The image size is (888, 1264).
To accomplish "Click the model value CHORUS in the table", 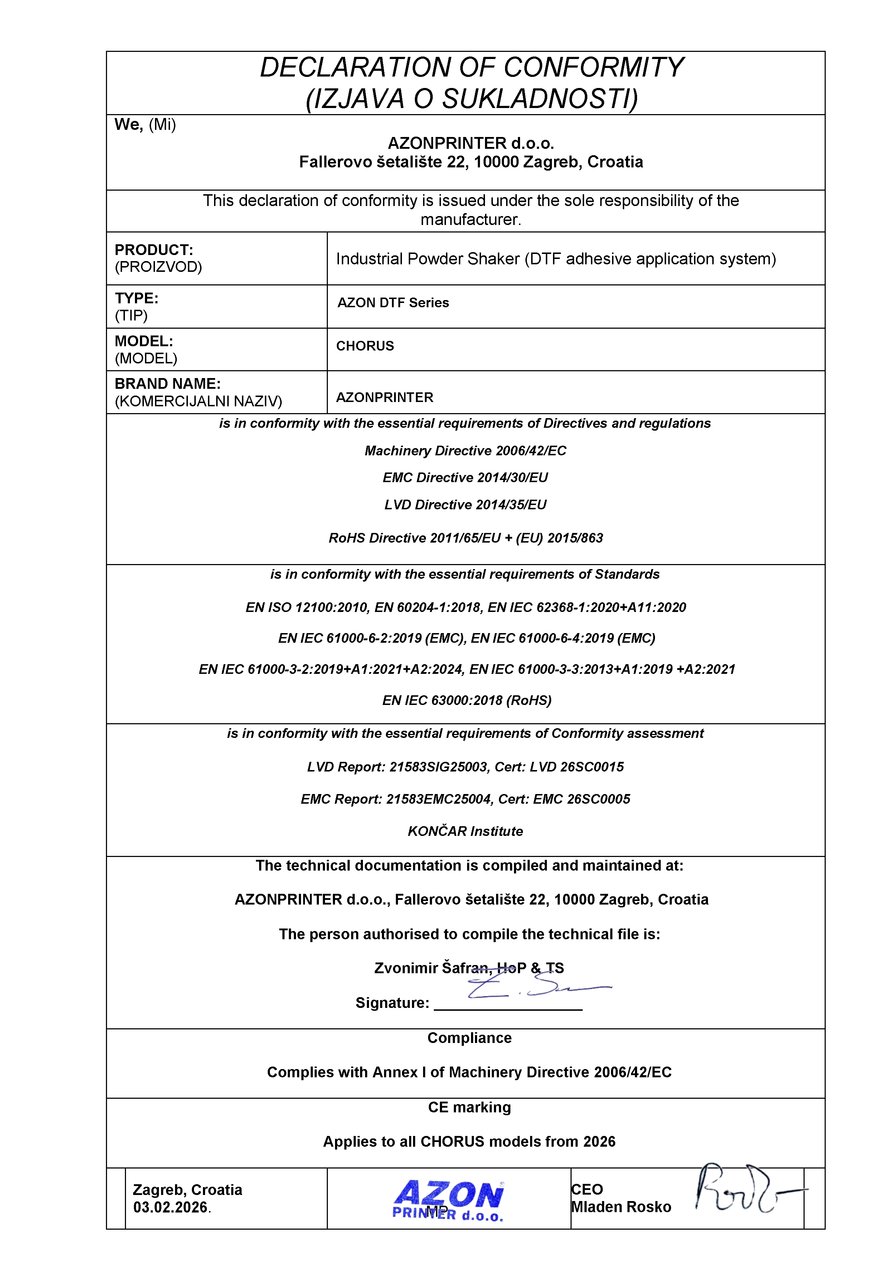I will [x=365, y=346].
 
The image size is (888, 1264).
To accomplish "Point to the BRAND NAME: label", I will [x=168, y=384].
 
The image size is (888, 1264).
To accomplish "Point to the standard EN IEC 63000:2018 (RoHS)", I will [x=467, y=700].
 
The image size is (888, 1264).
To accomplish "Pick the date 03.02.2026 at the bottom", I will [x=170, y=1207].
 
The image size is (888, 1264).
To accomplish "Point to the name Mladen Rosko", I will [x=621, y=1207].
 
